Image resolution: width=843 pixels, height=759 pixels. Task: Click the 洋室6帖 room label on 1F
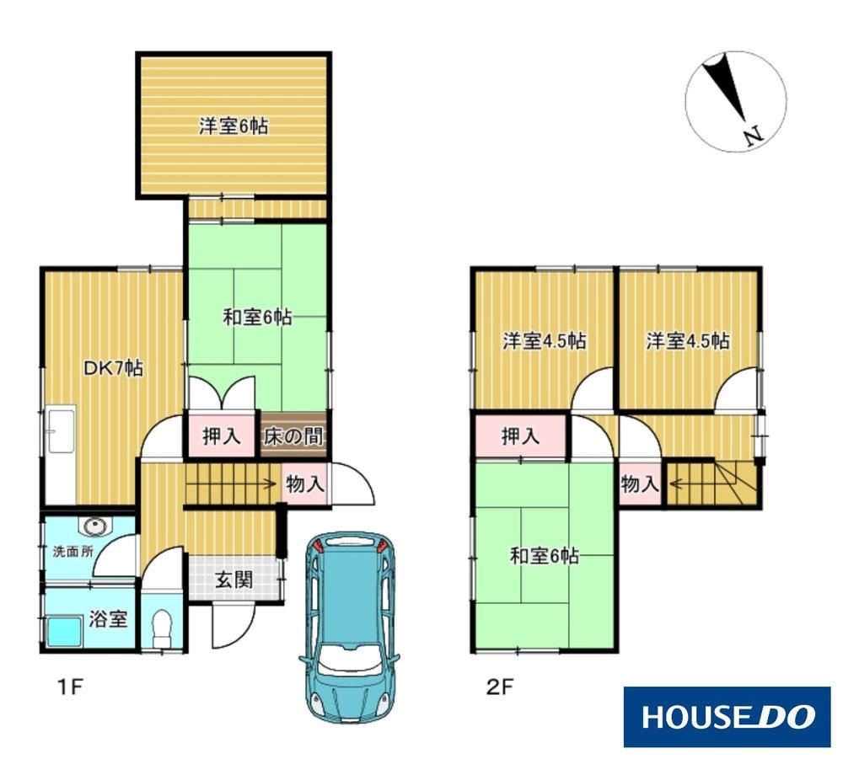click(x=234, y=126)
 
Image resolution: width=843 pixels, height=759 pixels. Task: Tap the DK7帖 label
click(x=113, y=368)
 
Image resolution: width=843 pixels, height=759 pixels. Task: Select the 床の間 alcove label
click(x=293, y=436)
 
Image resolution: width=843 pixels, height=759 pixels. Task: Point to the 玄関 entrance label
click(x=234, y=580)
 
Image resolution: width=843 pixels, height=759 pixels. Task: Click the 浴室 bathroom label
click(x=108, y=619)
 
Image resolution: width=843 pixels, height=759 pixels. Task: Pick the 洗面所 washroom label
click(x=73, y=552)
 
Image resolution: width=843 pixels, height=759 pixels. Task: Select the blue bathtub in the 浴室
click(x=65, y=632)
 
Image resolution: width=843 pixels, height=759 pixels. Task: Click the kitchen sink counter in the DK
click(x=60, y=456)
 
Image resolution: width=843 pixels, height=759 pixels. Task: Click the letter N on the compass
click(x=754, y=136)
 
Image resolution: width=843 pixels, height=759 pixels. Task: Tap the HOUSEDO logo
click(x=727, y=717)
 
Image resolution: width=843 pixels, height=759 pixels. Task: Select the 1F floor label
click(x=70, y=687)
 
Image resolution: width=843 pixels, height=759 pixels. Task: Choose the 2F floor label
click(x=501, y=687)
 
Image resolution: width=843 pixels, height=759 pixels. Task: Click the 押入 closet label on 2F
click(x=520, y=436)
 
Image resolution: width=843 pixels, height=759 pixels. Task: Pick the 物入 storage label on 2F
click(x=640, y=484)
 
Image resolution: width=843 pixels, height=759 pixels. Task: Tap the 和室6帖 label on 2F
click(x=544, y=555)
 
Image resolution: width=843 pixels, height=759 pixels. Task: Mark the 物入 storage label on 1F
click(x=305, y=484)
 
